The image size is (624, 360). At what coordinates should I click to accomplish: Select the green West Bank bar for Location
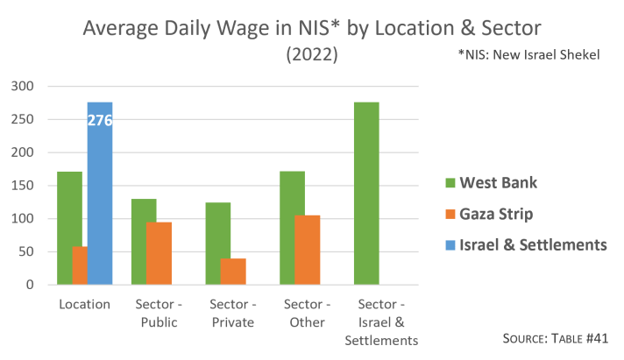tap(70, 228)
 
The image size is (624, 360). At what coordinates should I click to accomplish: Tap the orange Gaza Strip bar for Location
tap(80, 265)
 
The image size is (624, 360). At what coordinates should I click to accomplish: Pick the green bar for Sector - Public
tap(144, 242)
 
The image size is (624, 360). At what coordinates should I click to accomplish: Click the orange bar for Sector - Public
tap(159, 253)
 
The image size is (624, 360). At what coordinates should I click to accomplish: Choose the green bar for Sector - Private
tap(218, 244)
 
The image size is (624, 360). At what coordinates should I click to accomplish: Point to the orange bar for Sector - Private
tap(233, 272)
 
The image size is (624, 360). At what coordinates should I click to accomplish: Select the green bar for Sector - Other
tap(292, 228)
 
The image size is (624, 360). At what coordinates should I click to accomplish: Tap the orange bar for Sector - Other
tap(307, 250)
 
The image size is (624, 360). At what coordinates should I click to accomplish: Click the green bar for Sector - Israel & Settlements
tap(366, 194)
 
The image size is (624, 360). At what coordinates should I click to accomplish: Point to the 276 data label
tap(100, 121)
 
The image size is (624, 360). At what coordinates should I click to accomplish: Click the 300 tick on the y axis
tap(23, 86)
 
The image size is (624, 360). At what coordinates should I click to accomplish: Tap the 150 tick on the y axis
tap(23, 186)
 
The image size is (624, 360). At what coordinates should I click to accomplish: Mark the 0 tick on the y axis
tap(29, 285)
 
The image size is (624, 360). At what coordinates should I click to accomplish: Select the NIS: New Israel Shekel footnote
tap(528, 54)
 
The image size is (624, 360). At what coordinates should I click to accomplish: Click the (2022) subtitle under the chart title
tap(312, 54)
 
